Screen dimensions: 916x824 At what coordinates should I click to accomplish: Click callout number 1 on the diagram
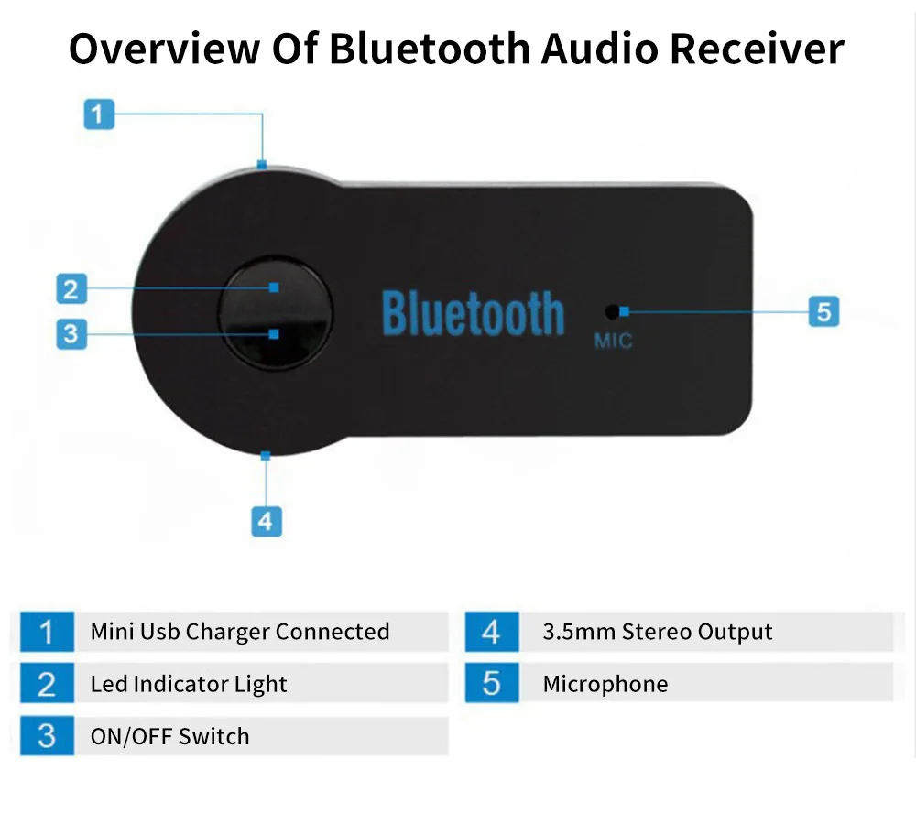100,115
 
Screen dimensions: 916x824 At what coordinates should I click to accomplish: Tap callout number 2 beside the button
71,290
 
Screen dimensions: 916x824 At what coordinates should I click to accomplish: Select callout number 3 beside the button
71,333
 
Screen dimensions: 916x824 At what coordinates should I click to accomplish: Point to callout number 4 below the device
266,521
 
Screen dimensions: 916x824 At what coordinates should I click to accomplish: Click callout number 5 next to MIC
823,311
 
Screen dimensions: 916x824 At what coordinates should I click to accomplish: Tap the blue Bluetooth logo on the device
473,314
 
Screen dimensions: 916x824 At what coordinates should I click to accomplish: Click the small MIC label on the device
613,342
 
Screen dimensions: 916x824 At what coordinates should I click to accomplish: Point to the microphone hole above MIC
611,311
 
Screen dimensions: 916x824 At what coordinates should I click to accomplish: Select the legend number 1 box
47,632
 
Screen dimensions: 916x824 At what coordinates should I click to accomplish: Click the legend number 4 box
492,632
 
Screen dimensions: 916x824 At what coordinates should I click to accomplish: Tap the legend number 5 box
492,684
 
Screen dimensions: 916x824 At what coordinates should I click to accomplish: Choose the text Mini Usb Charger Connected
239,632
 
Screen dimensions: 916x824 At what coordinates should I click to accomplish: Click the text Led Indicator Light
189,684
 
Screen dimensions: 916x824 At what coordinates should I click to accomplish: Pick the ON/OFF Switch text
169,736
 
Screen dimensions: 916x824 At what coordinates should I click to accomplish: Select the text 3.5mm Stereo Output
657,632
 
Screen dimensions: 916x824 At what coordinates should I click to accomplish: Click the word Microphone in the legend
605,684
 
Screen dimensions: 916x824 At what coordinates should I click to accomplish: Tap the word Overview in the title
162,48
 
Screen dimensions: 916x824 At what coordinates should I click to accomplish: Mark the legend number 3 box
47,736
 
